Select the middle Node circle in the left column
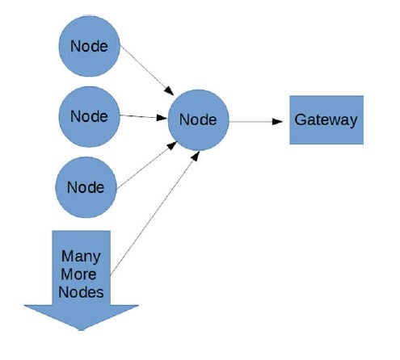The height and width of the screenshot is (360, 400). click(89, 115)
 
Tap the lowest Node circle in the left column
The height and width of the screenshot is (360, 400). click(86, 187)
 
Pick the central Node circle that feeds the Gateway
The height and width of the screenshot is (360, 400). click(198, 119)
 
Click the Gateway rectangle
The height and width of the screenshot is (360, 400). click(326, 119)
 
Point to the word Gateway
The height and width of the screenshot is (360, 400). click(326, 119)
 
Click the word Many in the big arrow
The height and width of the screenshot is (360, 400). click(81, 257)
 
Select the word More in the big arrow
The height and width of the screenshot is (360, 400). click(81, 274)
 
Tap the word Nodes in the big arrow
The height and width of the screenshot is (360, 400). click(81, 292)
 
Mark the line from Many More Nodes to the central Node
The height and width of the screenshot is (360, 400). click(154, 214)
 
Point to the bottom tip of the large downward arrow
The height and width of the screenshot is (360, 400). click(82, 329)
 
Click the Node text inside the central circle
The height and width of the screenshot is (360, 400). click(198, 119)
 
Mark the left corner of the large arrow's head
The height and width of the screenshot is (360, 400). click(24, 306)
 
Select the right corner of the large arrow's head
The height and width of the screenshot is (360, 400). click(139, 306)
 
